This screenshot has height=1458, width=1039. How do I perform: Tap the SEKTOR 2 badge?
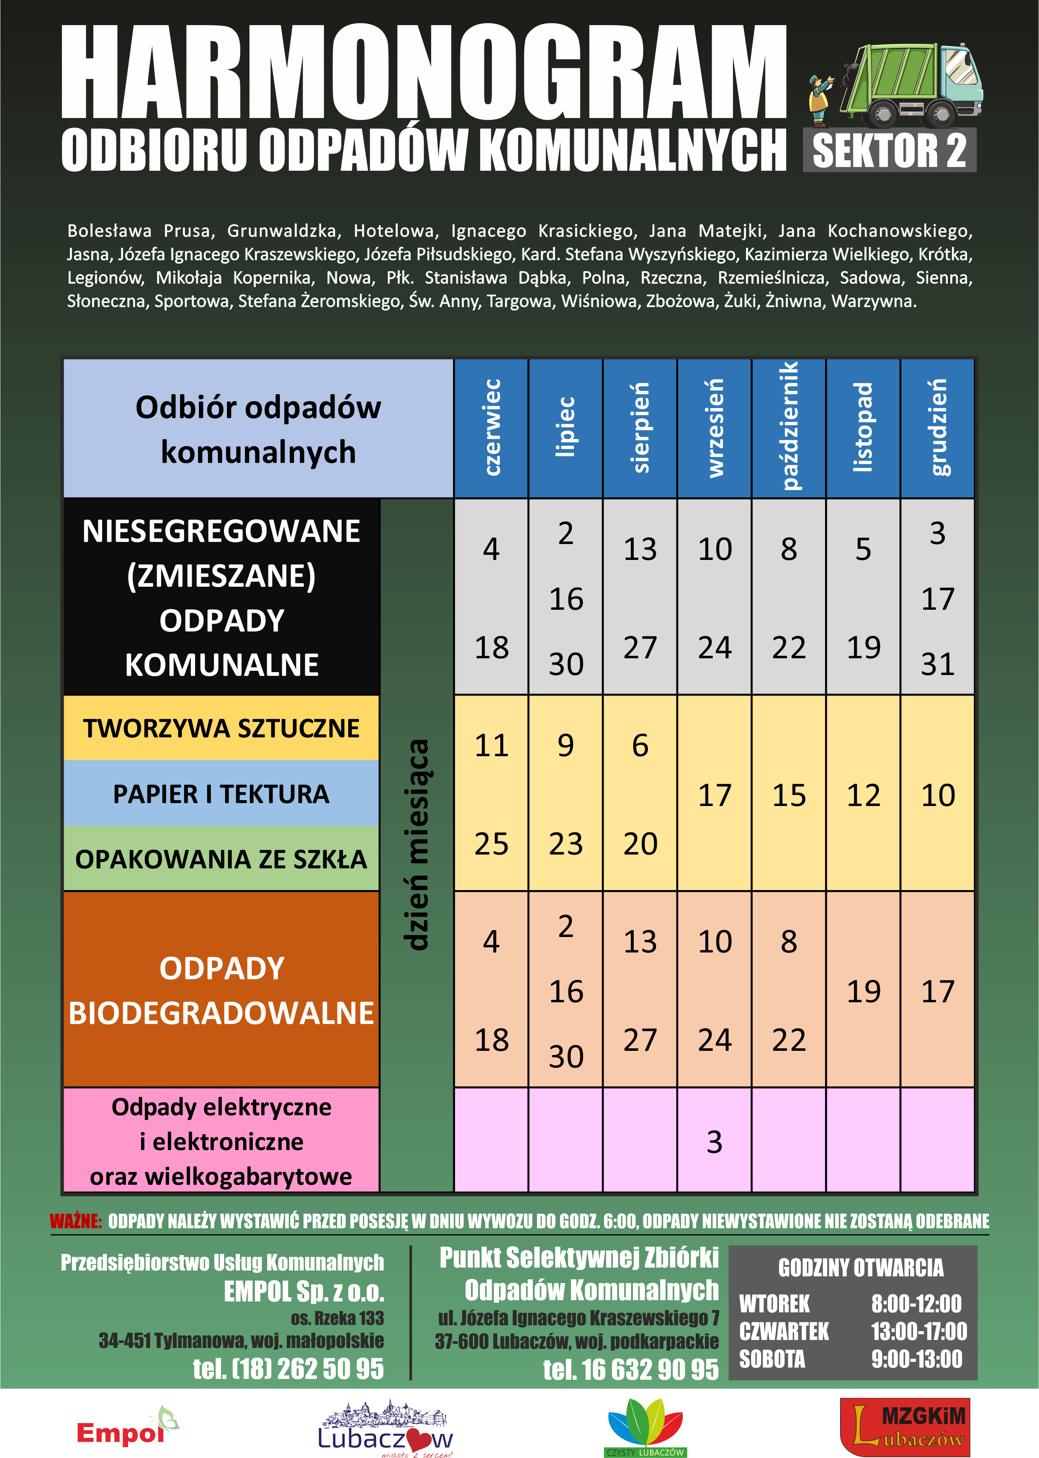pyautogui.click(x=889, y=150)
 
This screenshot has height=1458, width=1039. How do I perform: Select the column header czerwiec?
pyautogui.click(x=491, y=427)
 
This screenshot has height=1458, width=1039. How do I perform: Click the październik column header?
pyautogui.click(x=789, y=427)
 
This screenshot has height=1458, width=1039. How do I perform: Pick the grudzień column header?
pyautogui.click(x=937, y=427)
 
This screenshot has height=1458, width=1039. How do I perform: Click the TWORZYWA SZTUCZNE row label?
pyautogui.click(x=221, y=728)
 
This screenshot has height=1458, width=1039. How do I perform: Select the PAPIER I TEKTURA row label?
pyautogui.click(x=221, y=793)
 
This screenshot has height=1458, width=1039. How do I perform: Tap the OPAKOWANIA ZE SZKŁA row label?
pyautogui.click(x=221, y=859)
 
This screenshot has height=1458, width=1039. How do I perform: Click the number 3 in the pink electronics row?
pyautogui.click(x=714, y=1142)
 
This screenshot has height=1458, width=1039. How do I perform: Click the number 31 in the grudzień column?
pyautogui.click(x=937, y=664)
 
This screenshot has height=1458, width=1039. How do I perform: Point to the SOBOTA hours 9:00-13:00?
pyautogui.click(x=916, y=1359)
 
